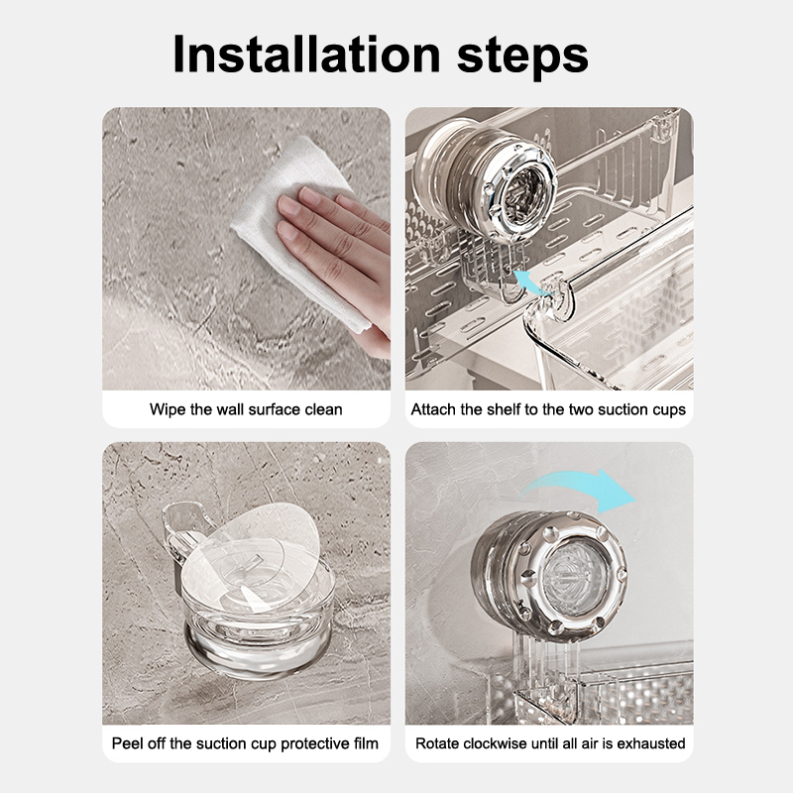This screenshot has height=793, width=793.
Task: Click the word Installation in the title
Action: (x=307, y=55)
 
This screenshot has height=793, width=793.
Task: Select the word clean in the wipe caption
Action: (x=323, y=409)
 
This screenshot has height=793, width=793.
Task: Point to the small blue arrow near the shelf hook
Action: (x=531, y=282)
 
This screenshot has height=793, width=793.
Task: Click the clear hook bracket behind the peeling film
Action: (x=178, y=531)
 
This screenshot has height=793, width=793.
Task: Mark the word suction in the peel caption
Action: (x=221, y=743)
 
